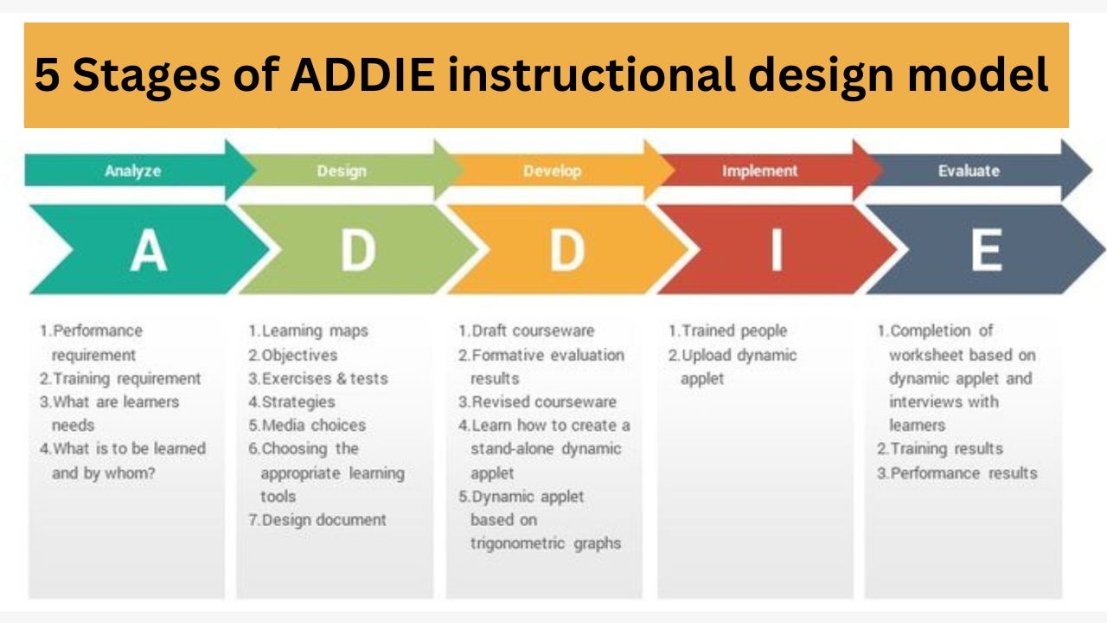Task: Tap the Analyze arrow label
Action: (132, 171)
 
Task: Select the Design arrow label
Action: (341, 171)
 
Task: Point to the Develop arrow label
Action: (552, 171)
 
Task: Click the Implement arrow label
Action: (759, 171)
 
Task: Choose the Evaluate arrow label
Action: (969, 171)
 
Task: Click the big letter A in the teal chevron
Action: (148, 250)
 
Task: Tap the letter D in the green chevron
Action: (357, 250)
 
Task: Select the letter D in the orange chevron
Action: (567, 250)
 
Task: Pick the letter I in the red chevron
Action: (776, 250)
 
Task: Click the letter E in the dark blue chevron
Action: (986, 250)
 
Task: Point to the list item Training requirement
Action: (126, 378)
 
